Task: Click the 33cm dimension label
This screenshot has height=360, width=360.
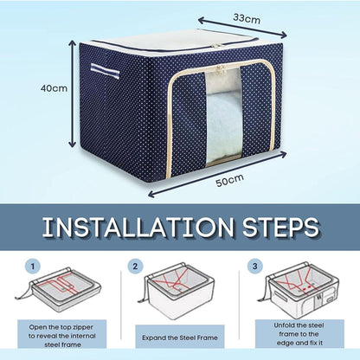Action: tap(247, 18)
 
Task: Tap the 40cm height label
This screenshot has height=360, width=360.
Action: tap(54, 88)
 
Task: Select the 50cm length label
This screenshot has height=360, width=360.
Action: tap(229, 180)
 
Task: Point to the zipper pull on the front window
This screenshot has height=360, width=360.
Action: tap(221, 69)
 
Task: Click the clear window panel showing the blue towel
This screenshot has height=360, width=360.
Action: tap(224, 115)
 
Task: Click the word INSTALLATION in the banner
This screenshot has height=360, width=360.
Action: tap(138, 228)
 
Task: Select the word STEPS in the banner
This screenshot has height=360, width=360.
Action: tap(280, 228)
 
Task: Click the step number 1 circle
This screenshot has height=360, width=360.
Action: tap(33, 267)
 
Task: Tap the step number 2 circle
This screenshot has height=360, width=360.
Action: tap(135, 267)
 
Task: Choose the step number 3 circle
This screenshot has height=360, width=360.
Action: tap(255, 267)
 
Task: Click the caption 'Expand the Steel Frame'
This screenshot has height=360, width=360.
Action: tap(180, 337)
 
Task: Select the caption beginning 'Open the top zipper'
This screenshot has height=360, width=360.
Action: tap(61, 336)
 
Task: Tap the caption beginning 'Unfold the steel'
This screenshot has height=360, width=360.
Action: tap(299, 334)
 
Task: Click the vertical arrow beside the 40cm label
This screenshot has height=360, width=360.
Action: tap(73, 94)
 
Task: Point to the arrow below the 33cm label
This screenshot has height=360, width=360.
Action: tap(242, 28)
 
